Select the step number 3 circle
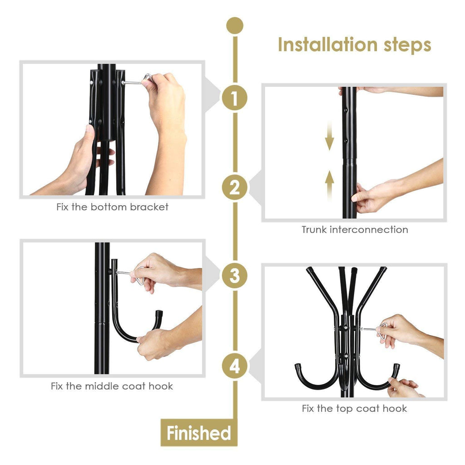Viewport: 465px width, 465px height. click(234, 276)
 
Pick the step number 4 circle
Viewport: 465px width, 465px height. click(234, 366)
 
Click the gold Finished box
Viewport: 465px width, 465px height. click(198, 433)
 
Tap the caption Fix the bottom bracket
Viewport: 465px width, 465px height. click(112, 208)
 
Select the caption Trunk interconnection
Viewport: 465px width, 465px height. click(355, 230)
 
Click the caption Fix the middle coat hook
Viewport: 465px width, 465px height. click(112, 386)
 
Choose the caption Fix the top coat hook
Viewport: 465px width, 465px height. click(354, 409)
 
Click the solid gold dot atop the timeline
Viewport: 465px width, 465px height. click(234, 25)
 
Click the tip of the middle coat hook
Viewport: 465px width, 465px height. click(159, 313)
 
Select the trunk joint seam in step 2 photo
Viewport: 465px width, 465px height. click(349, 158)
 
